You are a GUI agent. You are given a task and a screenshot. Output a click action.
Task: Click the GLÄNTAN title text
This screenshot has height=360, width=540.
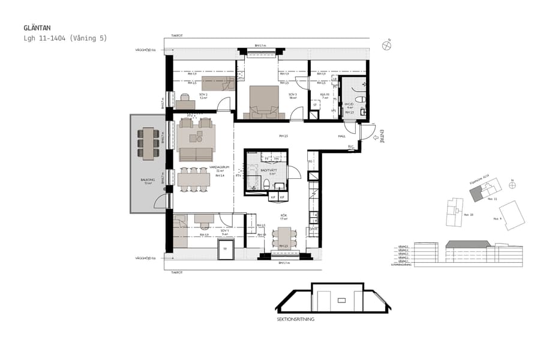[x=37, y=28]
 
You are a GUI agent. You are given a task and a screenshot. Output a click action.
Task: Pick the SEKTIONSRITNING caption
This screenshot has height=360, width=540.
[x=295, y=319]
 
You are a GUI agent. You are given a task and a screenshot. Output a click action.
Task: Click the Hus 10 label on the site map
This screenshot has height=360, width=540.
[x=469, y=213]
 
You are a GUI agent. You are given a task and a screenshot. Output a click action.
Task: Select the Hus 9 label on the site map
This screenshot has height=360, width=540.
[x=496, y=219]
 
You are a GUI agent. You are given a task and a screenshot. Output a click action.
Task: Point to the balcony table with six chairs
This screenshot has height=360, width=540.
[x=148, y=143]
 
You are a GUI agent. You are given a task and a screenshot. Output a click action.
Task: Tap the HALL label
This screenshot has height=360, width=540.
[x=341, y=136]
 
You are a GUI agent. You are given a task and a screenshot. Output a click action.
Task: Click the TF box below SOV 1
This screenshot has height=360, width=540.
[x=225, y=249]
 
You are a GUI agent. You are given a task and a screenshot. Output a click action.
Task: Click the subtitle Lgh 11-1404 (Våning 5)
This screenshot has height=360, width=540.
[x=65, y=38]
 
